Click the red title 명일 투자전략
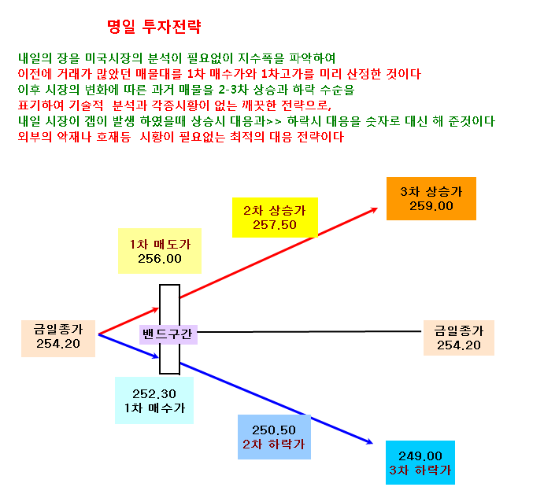(154, 26)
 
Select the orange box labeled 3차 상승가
(431, 198)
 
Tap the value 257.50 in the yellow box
(275, 225)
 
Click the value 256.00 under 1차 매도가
(160, 259)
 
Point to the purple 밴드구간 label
(168, 334)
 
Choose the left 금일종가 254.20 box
(58, 338)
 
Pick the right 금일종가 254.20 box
(459, 338)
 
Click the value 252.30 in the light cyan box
(154, 394)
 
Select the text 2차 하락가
(273, 444)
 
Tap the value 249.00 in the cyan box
(420, 456)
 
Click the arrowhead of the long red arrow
(375, 209)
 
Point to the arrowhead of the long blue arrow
(370, 441)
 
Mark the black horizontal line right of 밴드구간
(309, 332)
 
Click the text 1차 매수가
(154, 408)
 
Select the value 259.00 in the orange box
(431, 206)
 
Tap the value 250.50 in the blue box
(274, 430)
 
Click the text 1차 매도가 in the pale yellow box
(160, 245)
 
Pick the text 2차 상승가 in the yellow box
(275, 210)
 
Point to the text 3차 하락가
(420, 470)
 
